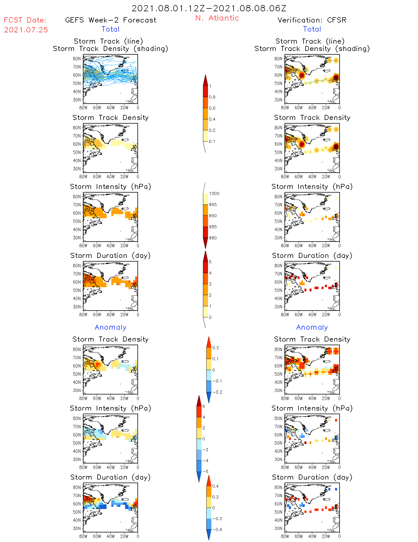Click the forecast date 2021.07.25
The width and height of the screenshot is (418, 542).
[x=26, y=30]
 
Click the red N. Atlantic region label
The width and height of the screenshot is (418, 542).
[x=217, y=18]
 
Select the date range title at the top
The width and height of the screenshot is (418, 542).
[x=209, y=8]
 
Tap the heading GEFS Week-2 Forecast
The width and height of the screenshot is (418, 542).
[x=110, y=20]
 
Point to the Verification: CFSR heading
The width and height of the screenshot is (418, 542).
[x=312, y=20]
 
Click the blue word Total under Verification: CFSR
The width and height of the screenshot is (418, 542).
[x=312, y=29]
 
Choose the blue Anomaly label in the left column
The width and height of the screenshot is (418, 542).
[x=110, y=327]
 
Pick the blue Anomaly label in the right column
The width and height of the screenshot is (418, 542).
[x=312, y=327]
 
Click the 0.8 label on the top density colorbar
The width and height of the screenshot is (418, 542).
[x=212, y=97]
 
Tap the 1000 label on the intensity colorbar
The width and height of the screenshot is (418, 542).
[x=214, y=193]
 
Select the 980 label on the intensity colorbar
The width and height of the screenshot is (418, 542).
[x=213, y=238]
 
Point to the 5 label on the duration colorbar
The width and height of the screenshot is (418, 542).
[x=210, y=262]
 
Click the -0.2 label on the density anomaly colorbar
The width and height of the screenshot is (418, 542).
[x=217, y=392]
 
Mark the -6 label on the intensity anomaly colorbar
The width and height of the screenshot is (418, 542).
[x=206, y=471]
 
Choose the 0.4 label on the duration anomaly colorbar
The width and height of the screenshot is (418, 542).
[x=215, y=486]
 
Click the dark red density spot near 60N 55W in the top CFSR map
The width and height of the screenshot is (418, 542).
[x=302, y=75]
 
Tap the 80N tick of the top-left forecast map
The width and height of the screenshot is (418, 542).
[x=76, y=59]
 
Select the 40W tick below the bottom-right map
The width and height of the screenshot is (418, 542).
[x=312, y=536]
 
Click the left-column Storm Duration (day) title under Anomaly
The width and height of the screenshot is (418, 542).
[x=110, y=477]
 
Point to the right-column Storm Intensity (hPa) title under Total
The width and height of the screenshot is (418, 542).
[x=312, y=186]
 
